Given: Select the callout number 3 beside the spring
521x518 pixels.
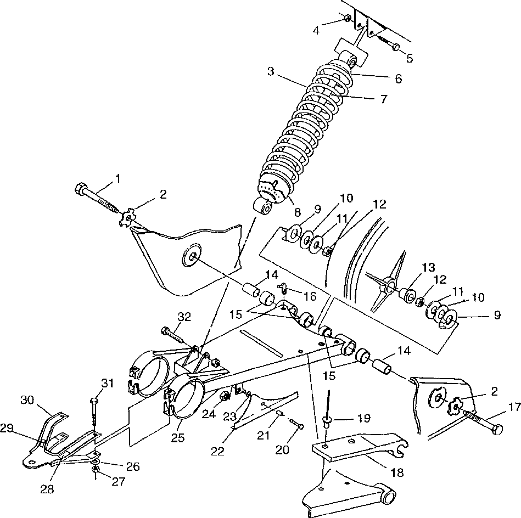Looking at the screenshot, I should click(270, 71).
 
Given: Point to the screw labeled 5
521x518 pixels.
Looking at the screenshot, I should click(394, 47).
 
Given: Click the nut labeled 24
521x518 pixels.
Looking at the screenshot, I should click(225, 396).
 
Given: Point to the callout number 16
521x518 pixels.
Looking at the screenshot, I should click(310, 296).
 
